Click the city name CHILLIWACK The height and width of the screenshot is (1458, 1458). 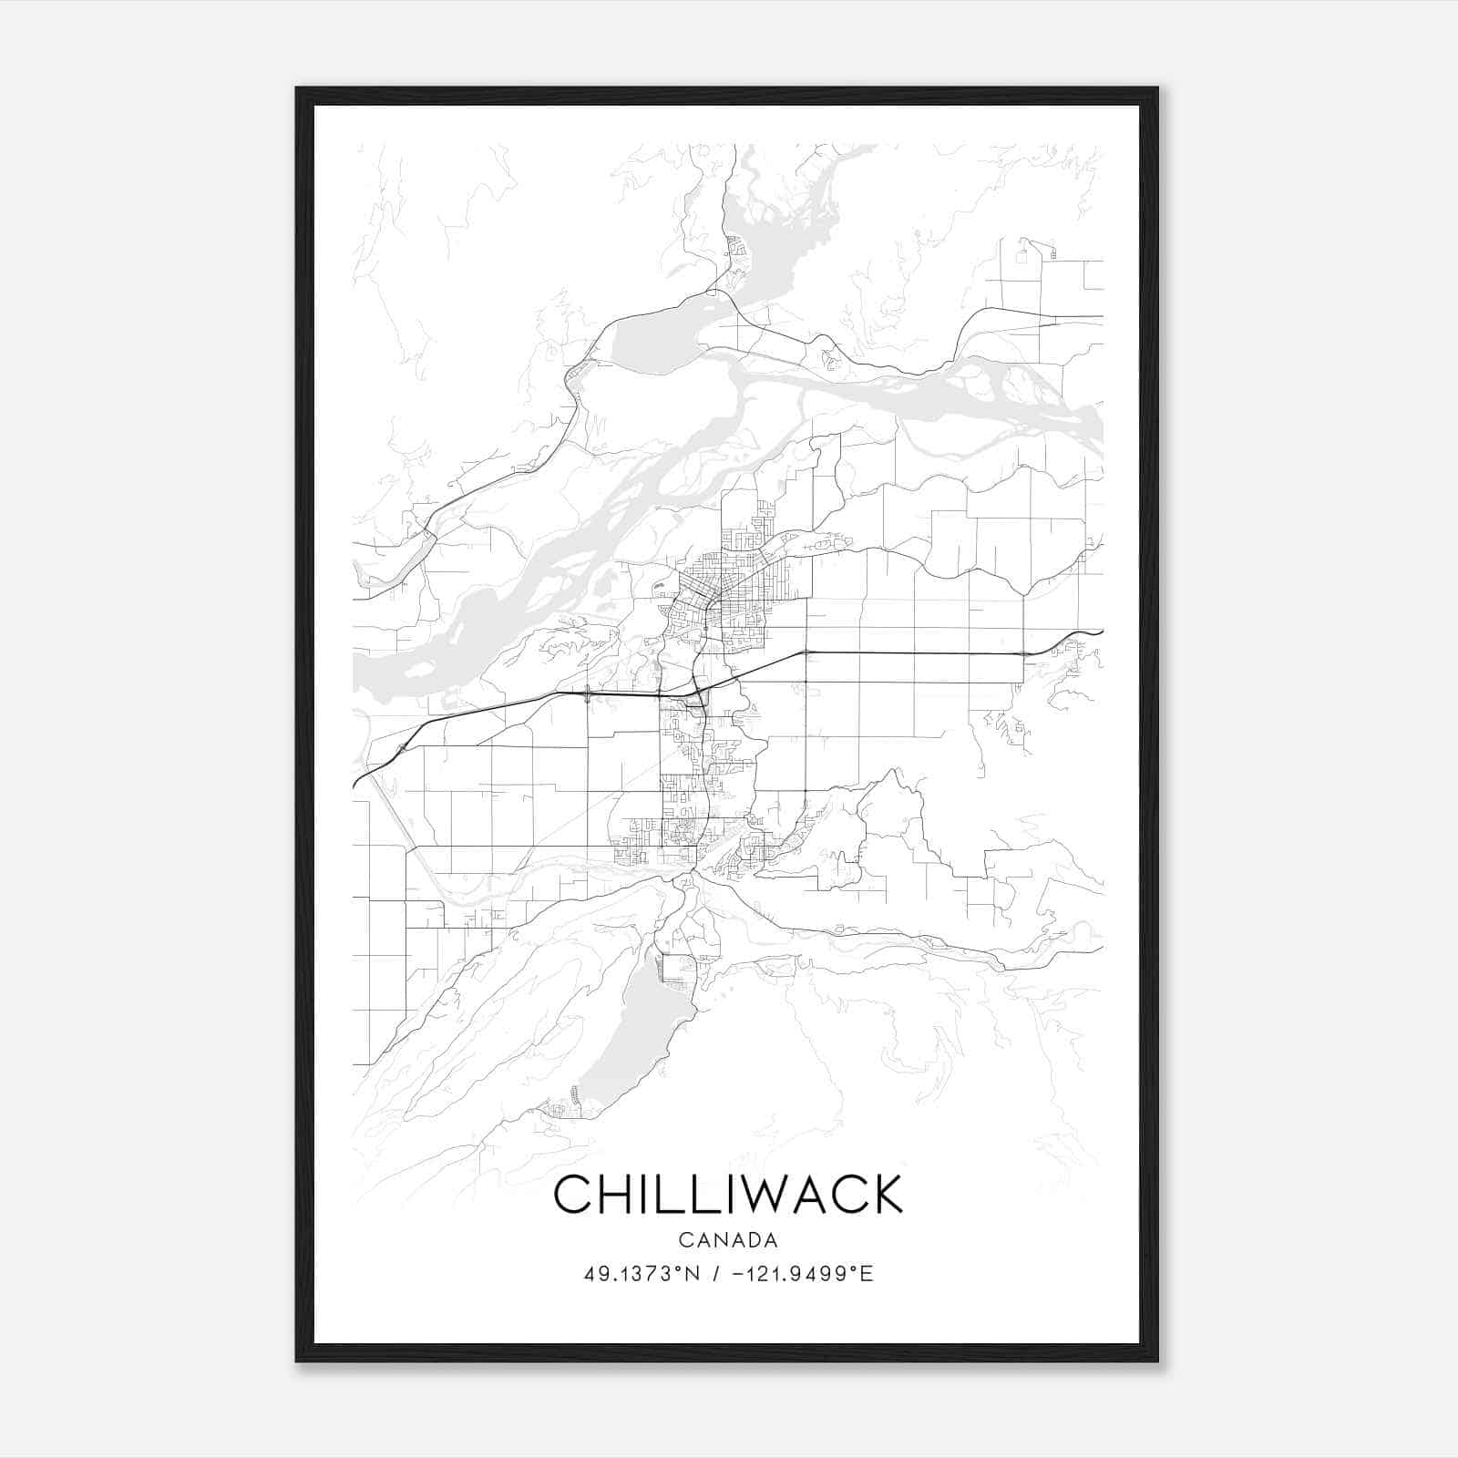pyautogui.click(x=727, y=1194)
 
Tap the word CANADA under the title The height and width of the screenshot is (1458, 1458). pyautogui.click(x=727, y=1240)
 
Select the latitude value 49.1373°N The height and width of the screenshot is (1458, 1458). pyautogui.click(x=642, y=1274)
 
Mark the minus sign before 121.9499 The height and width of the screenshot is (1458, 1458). pyautogui.click(x=735, y=1274)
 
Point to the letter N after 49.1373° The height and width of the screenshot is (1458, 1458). pyautogui.click(x=693, y=1274)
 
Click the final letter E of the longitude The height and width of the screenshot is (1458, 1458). pyautogui.click(x=868, y=1274)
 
